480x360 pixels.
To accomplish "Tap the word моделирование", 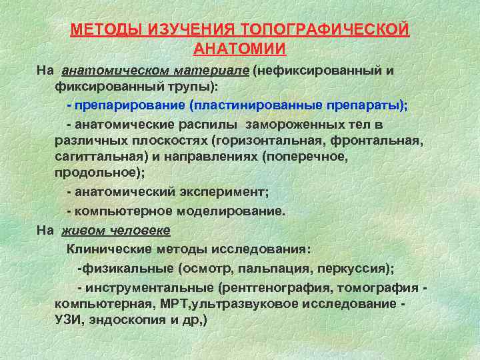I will [x=230, y=211].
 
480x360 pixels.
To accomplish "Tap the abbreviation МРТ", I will [x=176, y=303].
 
